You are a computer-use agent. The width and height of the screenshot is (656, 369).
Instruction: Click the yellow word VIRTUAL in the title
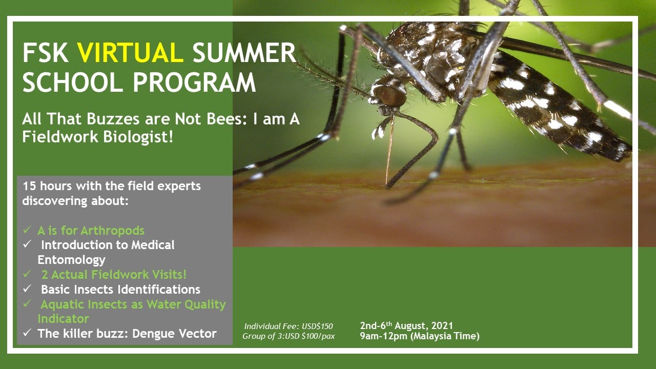pyautogui.click(x=130, y=53)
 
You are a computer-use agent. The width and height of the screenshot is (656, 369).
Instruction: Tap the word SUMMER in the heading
pyautogui.click(x=244, y=53)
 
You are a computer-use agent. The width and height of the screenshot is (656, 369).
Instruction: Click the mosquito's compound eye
pyautogui.click(x=391, y=95)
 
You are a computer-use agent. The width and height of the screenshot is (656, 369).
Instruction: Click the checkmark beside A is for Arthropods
pyautogui.click(x=27, y=230)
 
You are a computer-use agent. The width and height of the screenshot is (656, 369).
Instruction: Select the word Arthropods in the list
pyautogui.click(x=112, y=231)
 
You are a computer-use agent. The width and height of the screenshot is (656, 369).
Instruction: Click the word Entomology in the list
pyautogui.click(x=71, y=260)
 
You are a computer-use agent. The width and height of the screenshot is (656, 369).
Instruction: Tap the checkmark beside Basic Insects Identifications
pyautogui.click(x=27, y=289)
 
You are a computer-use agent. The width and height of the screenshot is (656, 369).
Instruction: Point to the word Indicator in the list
pyautogui.click(x=63, y=319)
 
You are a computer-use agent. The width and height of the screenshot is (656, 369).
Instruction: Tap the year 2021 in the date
pyautogui.click(x=442, y=325)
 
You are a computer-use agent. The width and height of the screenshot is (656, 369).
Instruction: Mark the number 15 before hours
pyautogui.click(x=29, y=186)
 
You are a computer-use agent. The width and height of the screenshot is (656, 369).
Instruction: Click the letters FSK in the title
pyautogui.click(x=46, y=53)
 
